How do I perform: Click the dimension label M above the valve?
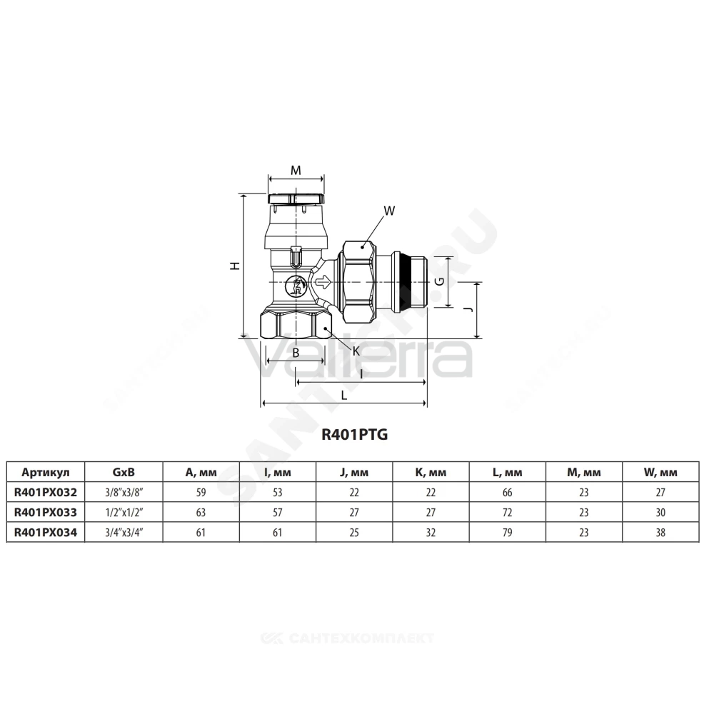296,171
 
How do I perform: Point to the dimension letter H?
235,266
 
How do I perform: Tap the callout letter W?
389,211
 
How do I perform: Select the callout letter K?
356,351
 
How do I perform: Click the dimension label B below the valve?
296,353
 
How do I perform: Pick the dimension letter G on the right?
440,281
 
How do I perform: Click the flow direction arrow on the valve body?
323,282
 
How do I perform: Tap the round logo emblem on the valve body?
295,286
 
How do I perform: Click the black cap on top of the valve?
296,199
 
